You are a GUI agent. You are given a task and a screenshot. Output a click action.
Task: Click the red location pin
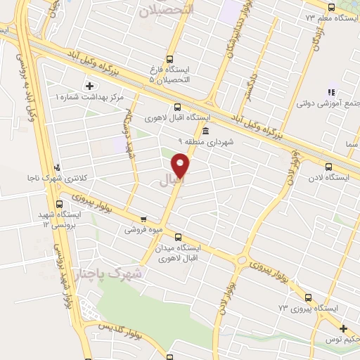181,165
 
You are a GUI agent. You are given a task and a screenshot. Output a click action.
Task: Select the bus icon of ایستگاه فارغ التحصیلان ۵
169,60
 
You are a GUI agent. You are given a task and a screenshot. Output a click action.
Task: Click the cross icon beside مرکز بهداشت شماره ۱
89,86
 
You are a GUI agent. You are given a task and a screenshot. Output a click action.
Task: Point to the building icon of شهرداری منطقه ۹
205,131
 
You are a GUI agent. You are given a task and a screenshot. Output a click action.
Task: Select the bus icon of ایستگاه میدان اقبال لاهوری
177,237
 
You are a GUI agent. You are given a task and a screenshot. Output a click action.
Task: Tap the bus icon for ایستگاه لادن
328,167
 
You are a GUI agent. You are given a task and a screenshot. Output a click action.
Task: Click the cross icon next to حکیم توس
342,329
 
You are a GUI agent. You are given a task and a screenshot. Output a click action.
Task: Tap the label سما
351,144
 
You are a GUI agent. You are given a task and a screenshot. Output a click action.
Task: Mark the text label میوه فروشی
145,229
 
